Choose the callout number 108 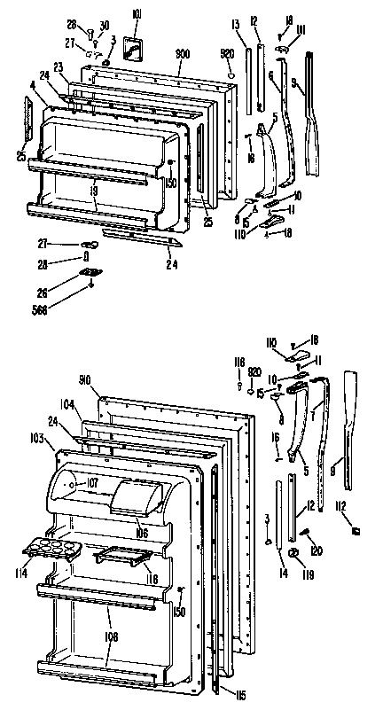pyautogui.click(x=108, y=636)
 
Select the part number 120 pyautogui.click(x=317, y=550)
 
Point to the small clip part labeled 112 pyautogui.click(x=356, y=531)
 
